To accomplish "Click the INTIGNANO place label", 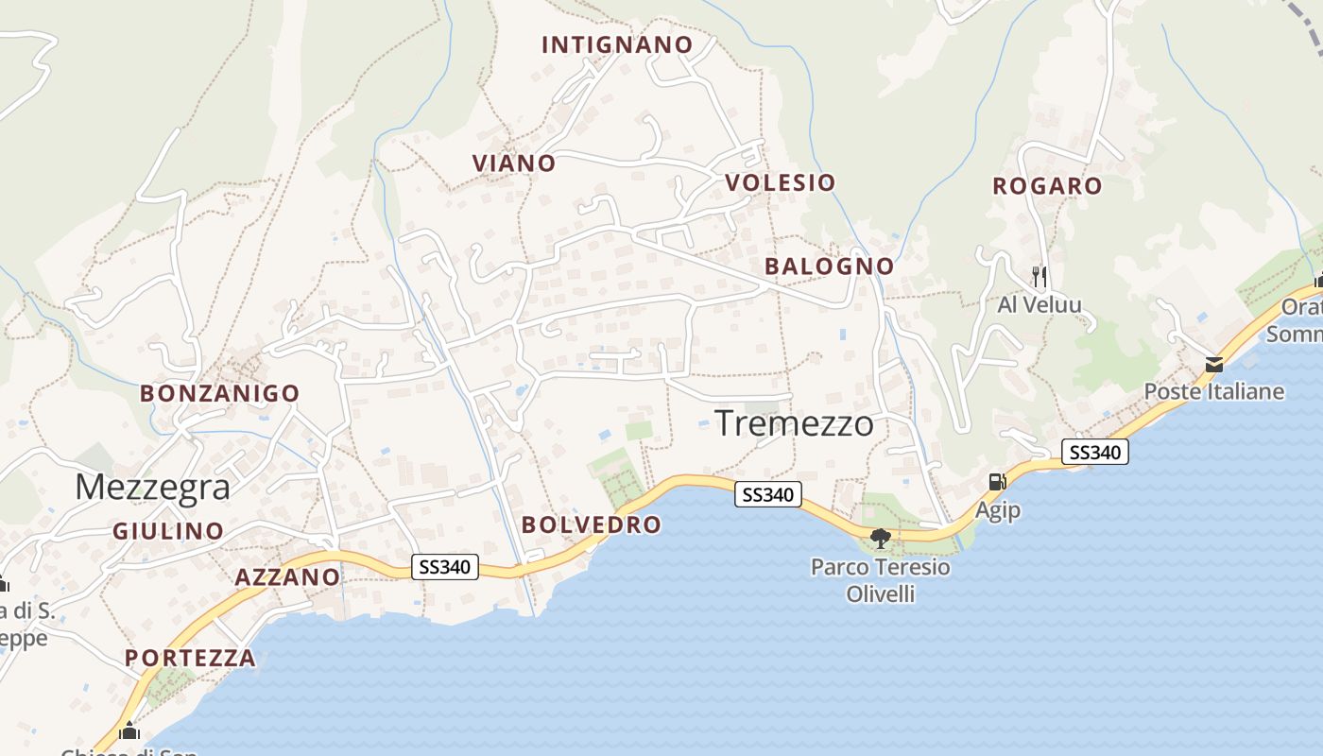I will (617, 44).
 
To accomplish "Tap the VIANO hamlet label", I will (514, 163).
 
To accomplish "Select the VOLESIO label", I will (781, 182).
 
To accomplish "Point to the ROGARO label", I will (1047, 185).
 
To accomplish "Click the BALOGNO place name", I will (829, 266).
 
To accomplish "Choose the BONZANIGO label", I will (219, 393).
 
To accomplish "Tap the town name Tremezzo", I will (794, 423).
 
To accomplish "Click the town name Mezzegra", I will (152, 487).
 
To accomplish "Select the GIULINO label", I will (168, 531).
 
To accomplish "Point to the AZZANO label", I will (287, 576).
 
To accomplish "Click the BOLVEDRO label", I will (591, 524).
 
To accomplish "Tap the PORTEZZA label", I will (190, 658).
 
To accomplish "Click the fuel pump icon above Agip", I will (997, 482).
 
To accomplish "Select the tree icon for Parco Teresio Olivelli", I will (881, 539).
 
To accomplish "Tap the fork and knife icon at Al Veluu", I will (1039, 276).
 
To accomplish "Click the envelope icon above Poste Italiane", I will (1213, 364).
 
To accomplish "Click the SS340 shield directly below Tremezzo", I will (768, 493).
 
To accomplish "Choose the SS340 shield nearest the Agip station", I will (1094, 453).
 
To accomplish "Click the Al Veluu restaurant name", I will (1039, 305).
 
